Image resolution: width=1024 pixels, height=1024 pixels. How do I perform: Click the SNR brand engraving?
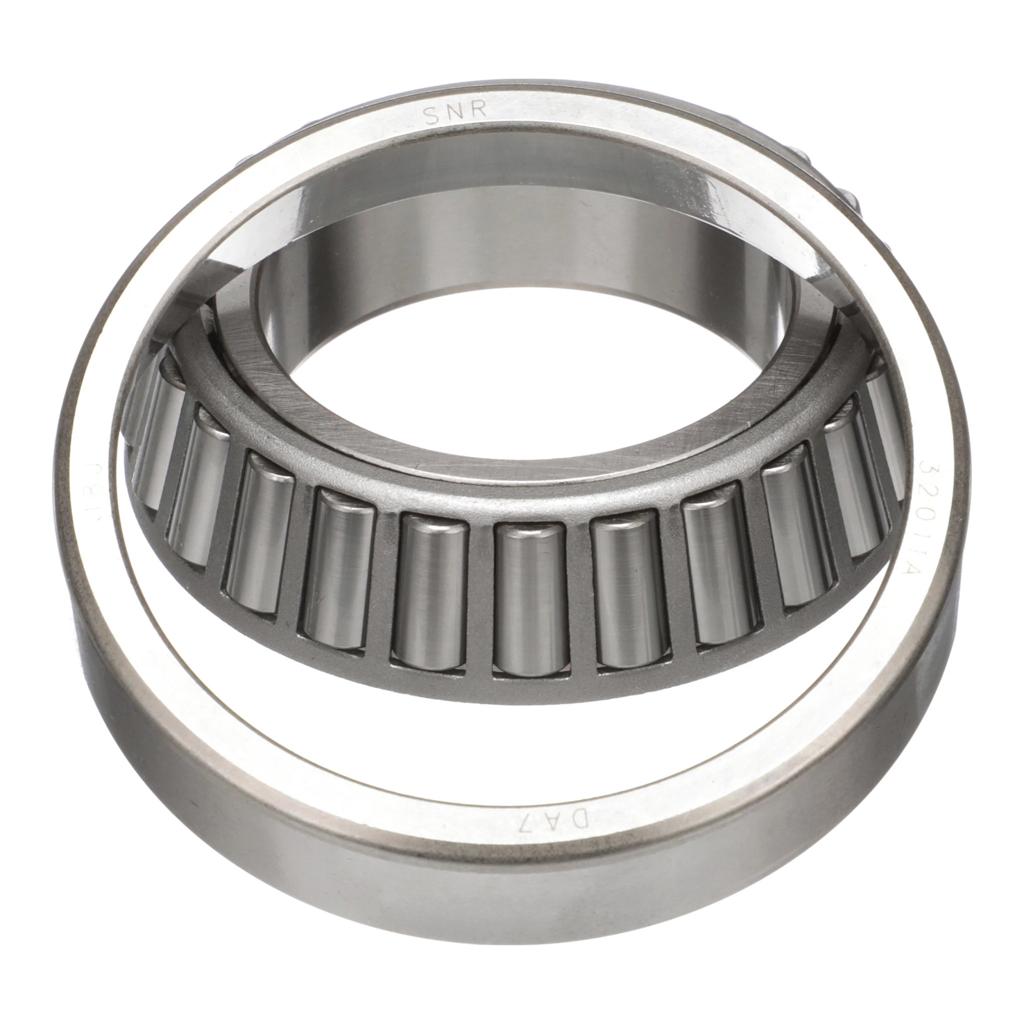456,114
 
